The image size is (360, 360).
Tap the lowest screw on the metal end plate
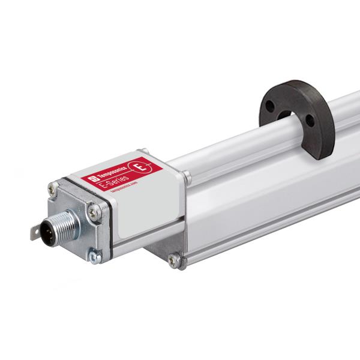94,256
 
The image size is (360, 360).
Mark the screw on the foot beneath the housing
174,260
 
